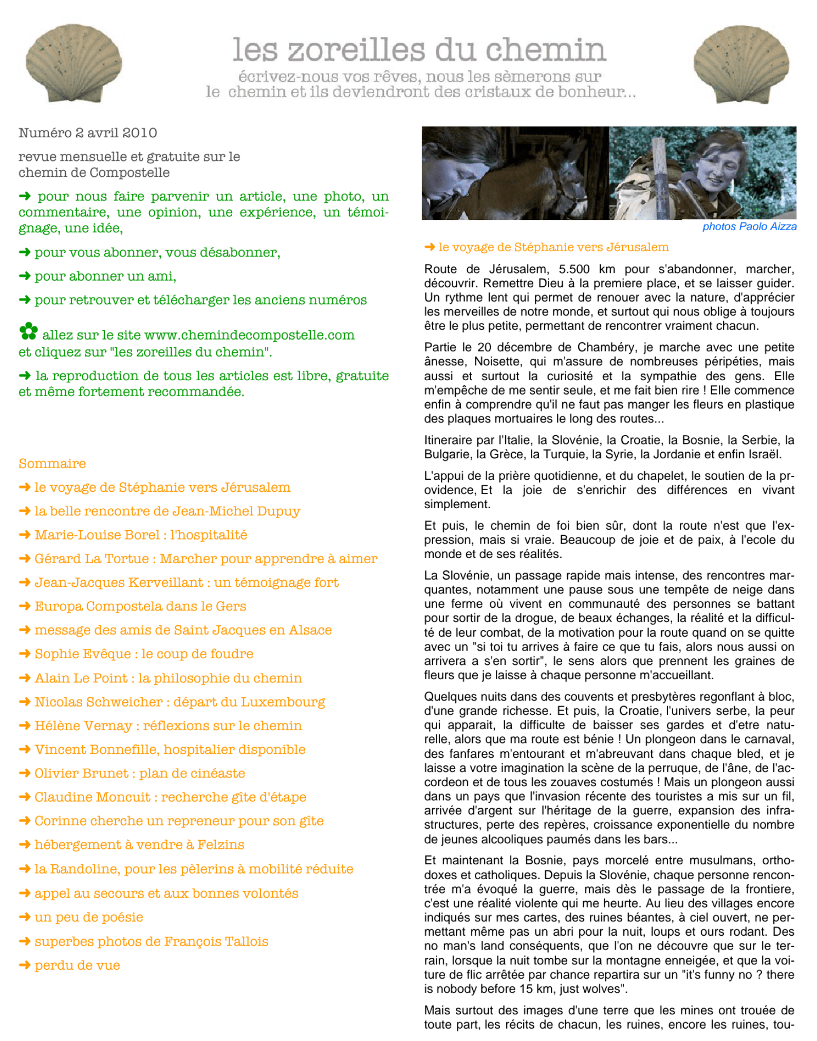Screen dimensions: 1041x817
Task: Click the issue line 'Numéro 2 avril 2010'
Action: point(88,133)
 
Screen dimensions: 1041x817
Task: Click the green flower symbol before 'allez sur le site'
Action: point(28,332)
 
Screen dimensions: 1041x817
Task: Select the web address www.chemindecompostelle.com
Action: point(249,336)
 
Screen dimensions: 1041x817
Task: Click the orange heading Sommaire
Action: point(52,463)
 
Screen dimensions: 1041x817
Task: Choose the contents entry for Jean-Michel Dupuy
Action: point(167,511)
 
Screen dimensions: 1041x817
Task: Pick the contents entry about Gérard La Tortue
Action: point(206,559)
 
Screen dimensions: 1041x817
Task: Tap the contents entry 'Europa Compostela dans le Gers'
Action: point(140,606)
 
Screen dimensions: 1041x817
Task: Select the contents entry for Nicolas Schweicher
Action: point(180,702)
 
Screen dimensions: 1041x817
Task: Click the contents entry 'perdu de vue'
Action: point(77,965)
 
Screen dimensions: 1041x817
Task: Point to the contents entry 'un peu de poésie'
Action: point(88,918)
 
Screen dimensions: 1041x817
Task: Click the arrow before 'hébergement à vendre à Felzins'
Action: point(24,845)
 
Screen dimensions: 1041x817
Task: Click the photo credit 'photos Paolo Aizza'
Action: point(749,227)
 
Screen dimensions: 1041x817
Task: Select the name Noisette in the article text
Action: point(497,362)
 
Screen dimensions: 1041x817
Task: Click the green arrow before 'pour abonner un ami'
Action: point(24,276)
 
